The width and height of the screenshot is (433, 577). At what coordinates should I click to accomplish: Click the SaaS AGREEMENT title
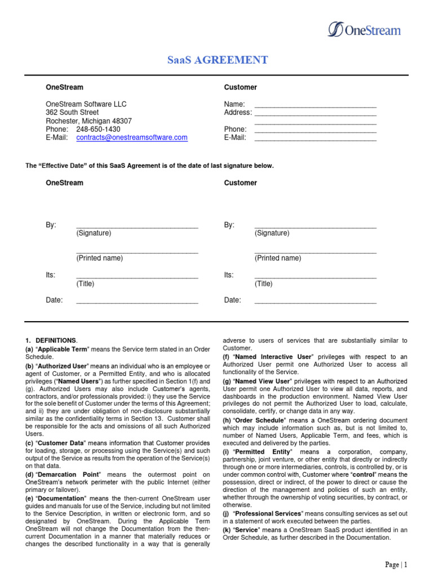(217, 60)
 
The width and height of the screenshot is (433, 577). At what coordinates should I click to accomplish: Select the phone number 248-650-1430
(98, 129)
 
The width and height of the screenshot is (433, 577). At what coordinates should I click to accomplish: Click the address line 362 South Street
(72, 112)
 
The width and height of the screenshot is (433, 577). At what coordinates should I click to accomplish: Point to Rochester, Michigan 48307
(89, 121)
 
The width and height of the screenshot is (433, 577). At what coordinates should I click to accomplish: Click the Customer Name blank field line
(315, 105)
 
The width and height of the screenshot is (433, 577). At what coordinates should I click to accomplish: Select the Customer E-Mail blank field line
(315, 138)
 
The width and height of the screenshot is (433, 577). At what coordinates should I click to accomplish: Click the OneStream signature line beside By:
(137, 225)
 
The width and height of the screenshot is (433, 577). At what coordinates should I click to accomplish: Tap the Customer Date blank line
(315, 301)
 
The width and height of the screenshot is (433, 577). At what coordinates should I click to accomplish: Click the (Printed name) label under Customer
(277, 258)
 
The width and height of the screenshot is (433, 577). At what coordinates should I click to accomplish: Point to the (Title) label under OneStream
(85, 284)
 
